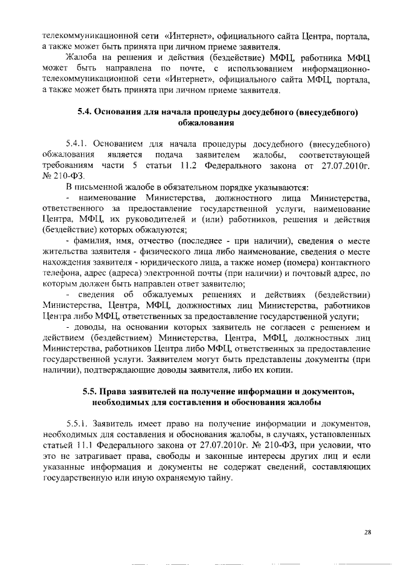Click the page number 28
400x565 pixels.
367,532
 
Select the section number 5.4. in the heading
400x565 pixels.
86,113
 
